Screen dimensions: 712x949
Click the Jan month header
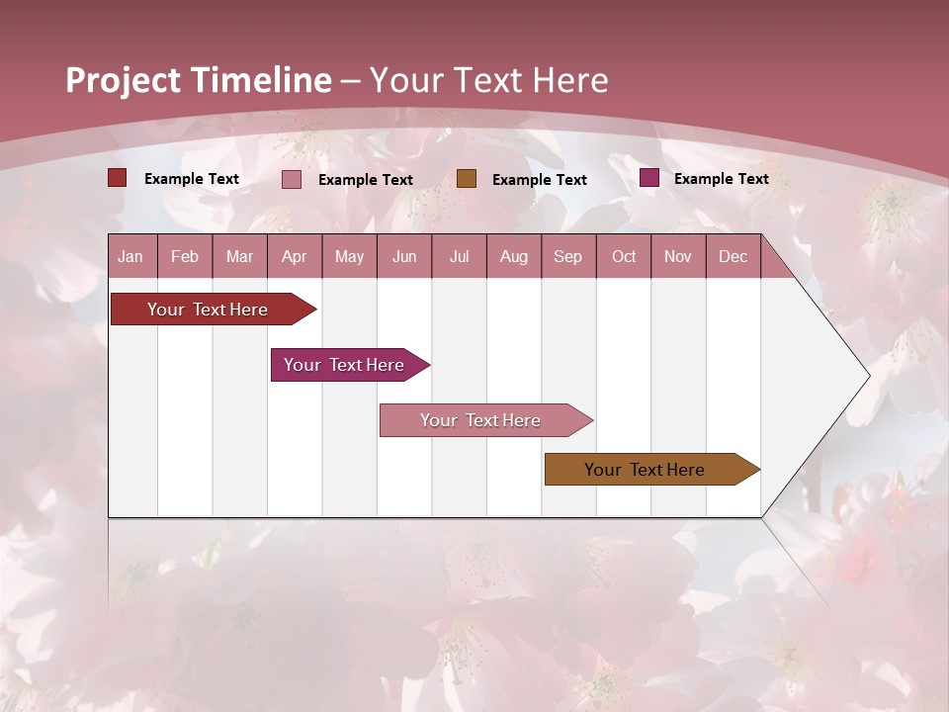pyautogui.click(x=130, y=257)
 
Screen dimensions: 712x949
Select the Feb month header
pyautogui.click(x=185, y=257)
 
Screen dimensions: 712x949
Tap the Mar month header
pyautogui.click(x=239, y=257)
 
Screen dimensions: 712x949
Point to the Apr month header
pyautogui.click(x=295, y=257)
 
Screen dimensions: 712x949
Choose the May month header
pyautogui.click(x=349, y=257)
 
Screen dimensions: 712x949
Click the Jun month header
pyautogui.click(x=404, y=257)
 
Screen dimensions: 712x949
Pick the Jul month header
pyautogui.click(x=459, y=257)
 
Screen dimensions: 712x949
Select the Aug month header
pyautogui.click(x=514, y=257)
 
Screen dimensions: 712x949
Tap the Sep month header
pyautogui.click(x=568, y=257)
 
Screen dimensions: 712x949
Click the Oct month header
pyautogui.click(x=624, y=257)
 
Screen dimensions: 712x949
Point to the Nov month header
pyautogui.click(x=678, y=257)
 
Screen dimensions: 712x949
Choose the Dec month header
pyautogui.click(x=733, y=257)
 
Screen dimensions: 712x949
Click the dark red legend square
pyautogui.click(x=118, y=178)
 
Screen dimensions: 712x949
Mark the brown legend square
pyautogui.click(x=467, y=178)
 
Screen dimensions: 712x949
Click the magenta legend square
pyautogui.click(x=649, y=178)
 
